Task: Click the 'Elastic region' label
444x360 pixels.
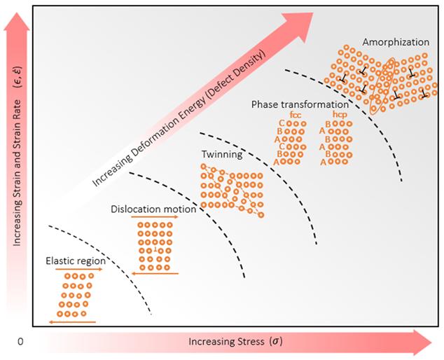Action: click(75, 261)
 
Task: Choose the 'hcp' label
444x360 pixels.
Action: click(340, 114)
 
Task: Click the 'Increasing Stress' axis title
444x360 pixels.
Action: click(235, 342)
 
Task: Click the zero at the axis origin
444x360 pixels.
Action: click(20, 342)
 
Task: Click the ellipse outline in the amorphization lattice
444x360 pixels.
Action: click(383, 85)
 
